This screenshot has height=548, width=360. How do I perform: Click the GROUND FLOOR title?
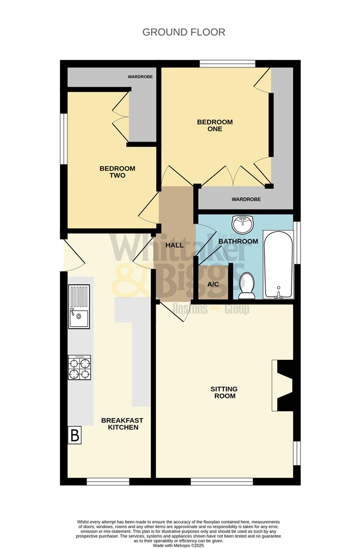[184, 32]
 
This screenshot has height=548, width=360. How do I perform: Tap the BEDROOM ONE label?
[215, 125]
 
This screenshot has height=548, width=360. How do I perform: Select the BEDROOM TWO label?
[117, 172]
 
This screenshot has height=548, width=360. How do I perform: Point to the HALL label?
[175, 245]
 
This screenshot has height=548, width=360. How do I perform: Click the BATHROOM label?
[238, 242]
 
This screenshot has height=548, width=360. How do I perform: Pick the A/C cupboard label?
[213, 284]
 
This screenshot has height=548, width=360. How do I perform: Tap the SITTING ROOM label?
[224, 392]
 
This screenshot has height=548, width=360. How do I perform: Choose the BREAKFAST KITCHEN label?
[122, 424]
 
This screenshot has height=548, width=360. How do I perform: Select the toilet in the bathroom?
[247, 285]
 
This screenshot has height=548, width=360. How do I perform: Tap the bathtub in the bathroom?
[278, 264]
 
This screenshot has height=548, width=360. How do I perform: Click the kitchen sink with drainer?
[79, 307]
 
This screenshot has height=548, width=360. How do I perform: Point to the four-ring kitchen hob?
[79, 368]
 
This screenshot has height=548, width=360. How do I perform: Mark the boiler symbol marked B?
[75, 435]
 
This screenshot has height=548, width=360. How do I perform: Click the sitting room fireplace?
[283, 385]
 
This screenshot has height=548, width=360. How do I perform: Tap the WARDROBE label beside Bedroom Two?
[141, 77]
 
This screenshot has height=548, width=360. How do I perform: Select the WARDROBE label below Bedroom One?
[246, 199]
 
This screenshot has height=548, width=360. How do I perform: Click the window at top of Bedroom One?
[227, 63]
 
